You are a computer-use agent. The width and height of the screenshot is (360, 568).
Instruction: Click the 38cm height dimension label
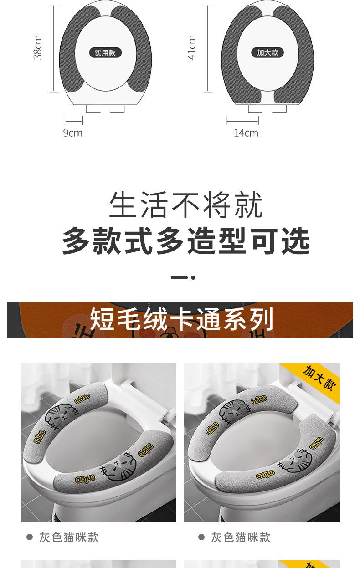point(38,47)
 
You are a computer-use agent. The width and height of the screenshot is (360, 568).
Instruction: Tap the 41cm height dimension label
point(192,47)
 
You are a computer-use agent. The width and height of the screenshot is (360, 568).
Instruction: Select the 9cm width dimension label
point(73,133)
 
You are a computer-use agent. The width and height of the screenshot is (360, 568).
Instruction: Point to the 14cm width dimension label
point(246,133)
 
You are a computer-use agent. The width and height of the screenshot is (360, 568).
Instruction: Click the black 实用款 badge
point(105,53)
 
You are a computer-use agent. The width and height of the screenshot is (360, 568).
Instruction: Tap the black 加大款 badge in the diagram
point(267,52)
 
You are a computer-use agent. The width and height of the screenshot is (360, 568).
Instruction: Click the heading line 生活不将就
point(185,205)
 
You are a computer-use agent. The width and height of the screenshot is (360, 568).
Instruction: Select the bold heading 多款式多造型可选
point(185,241)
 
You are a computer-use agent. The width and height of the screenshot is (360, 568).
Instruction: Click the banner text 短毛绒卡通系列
point(181,319)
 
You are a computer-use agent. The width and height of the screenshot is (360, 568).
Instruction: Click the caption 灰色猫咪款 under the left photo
point(69,537)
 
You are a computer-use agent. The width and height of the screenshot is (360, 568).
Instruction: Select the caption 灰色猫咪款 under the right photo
point(241,537)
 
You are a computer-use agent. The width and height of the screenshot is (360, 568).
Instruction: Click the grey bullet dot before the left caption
point(30,537)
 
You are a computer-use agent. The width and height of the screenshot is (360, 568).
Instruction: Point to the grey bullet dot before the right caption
point(201,537)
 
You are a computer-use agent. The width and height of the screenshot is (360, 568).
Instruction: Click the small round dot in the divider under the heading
point(193,278)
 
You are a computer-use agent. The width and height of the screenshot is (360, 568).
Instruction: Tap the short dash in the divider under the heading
point(179,278)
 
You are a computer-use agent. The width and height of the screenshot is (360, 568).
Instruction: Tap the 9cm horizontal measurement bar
point(74,121)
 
